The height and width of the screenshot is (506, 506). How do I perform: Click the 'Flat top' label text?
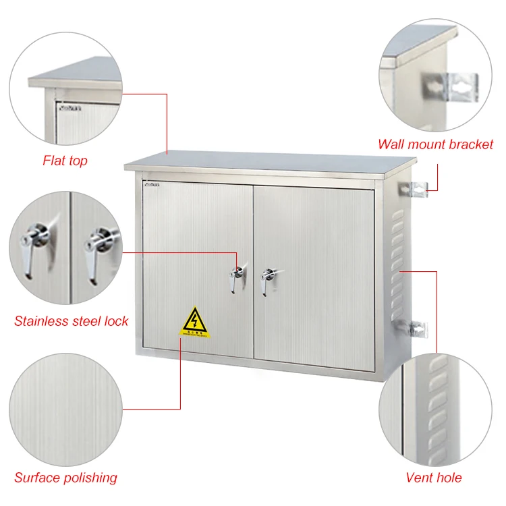65,161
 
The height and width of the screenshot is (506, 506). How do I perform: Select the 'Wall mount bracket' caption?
435,144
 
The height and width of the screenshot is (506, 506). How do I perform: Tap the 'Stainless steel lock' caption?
71,321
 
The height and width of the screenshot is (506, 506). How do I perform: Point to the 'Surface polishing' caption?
65,478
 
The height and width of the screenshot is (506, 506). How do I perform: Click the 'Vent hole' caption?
433,478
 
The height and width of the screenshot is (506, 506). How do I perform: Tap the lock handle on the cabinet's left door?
236,277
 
